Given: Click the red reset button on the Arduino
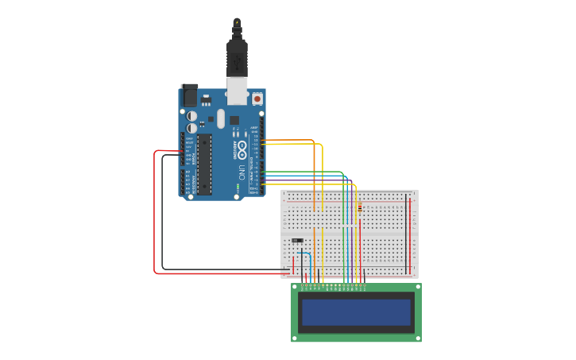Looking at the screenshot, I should pyautogui.click(x=257, y=99).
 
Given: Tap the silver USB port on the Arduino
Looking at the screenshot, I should pyautogui.click(x=237, y=91).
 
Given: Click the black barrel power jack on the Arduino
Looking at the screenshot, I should pyautogui.click(x=189, y=95).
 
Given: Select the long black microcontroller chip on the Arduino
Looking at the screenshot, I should pyautogui.click(x=204, y=165).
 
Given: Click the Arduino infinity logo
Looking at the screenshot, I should pyautogui.click(x=241, y=149).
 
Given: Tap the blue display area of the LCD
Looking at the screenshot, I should pyautogui.click(x=357, y=312).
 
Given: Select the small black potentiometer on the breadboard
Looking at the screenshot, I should pyautogui.click(x=296, y=240).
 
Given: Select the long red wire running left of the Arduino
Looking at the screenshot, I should pyautogui.click(x=154, y=215).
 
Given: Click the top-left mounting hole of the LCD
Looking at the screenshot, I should pyautogui.click(x=296, y=288).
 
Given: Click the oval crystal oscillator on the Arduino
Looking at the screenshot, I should pyautogui.click(x=221, y=118).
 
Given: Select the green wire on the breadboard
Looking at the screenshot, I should pyautogui.click(x=344, y=230).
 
